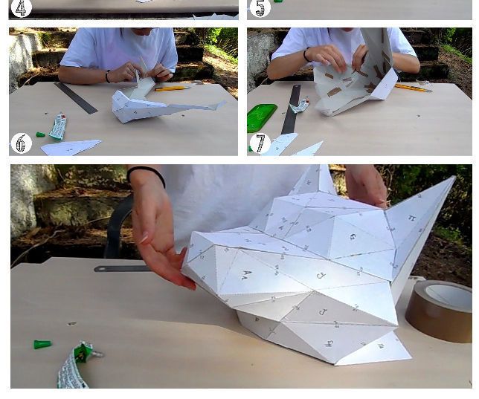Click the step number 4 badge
pyautogui.click(x=22, y=8)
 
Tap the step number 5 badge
pyautogui.click(x=260, y=8)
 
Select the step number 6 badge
pyautogui.click(x=22, y=143)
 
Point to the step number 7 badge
pyautogui.click(x=260, y=143)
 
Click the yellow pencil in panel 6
pyautogui.click(x=172, y=88)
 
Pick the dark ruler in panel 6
pyautogui.click(x=75, y=97)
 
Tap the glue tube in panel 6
pyautogui.click(x=57, y=126)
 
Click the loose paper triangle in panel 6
pyautogui.click(x=70, y=147)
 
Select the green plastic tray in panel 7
pyautogui.click(x=261, y=117)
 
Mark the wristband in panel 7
pyautogui.click(x=306, y=55)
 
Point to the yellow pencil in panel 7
pyautogui.click(x=411, y=88)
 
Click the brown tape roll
pyautogui.click(x=440, y=310)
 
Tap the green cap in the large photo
pyautogui.click(x=42, y=345)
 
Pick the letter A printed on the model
pyautogui.click(x=246, y=274)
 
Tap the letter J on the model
pyautogui.click(x=322, y=311)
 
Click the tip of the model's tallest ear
pyautogui.click(x=453, y=178)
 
